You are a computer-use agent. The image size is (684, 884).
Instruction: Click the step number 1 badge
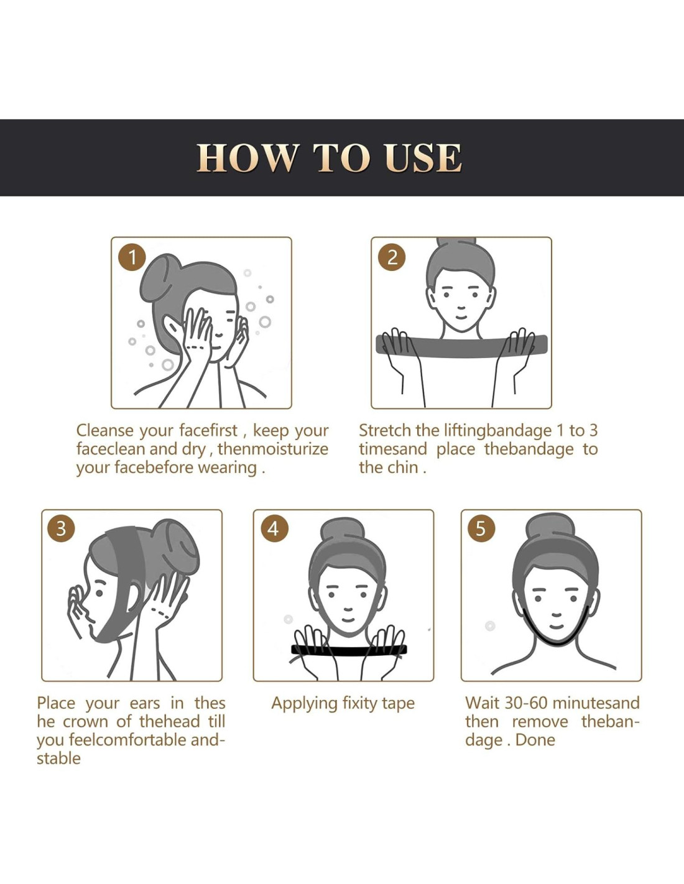click(132, 257)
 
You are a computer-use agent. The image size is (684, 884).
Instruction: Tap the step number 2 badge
click(392, 257)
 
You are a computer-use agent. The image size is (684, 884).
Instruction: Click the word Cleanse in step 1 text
click(105, 430)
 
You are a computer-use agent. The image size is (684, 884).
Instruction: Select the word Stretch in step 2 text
click(385, 430)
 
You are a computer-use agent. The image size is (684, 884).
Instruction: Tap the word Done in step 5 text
click(535, 740)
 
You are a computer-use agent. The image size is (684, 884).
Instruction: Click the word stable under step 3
click(58, 758)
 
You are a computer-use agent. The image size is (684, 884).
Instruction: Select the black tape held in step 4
click(349, 650)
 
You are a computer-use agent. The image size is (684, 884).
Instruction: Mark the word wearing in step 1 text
click(228, 468)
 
